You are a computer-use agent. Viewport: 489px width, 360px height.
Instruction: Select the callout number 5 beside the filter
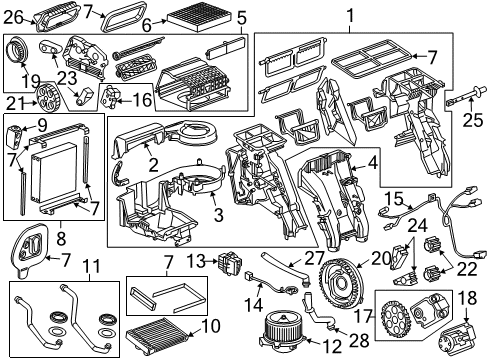(x=241, y=16)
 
